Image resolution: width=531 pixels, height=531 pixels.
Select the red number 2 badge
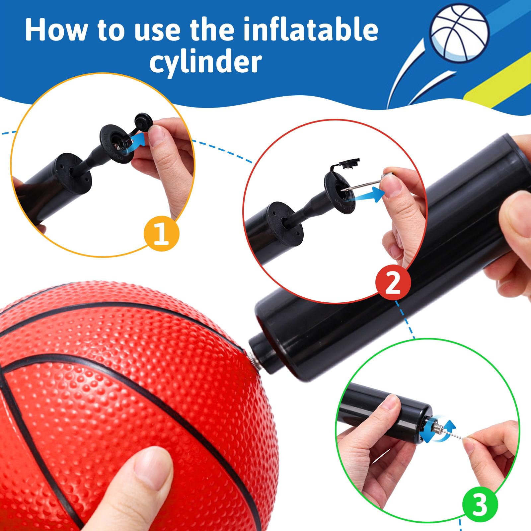click(x=393, y=283)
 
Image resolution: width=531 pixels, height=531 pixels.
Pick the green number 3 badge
click(x=480, y=505)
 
